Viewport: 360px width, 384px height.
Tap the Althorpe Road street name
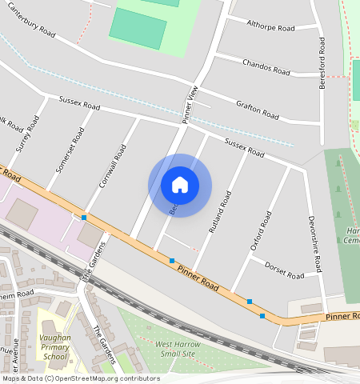[271, 26]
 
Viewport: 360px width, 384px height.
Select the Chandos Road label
[266, 67]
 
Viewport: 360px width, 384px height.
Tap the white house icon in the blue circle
[180, 185]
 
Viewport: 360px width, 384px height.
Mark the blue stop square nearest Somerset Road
[83, 217]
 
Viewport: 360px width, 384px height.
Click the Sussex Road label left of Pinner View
[79, 104]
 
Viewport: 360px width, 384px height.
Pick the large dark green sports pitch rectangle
[138, 29]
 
